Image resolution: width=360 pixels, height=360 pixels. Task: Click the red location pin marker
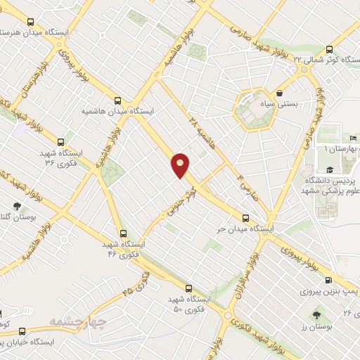(181, 165)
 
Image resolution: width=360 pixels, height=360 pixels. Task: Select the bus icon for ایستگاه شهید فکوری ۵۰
(188, 288)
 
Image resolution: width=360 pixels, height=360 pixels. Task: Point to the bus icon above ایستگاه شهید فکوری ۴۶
(124, 234)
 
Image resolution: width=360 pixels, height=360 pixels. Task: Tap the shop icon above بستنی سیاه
(280, 93)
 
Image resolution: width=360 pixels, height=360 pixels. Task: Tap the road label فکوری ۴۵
(136, 282)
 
